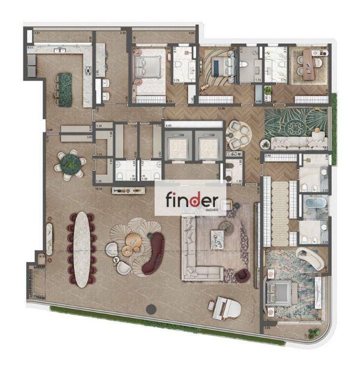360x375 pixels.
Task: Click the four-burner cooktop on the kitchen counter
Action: (x=88, y=71)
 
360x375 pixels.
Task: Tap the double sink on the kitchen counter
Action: (x=60, y=50)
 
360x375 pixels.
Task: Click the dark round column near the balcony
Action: (x=151, y=309)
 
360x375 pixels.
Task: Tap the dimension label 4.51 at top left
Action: (x=37, y=33)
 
